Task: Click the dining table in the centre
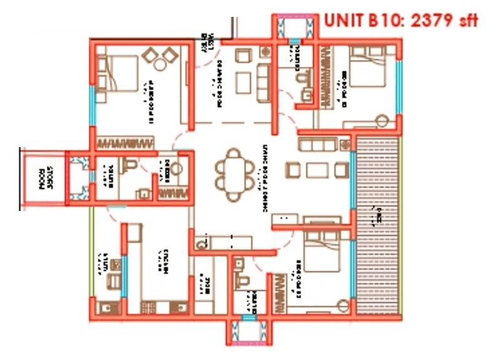click(x=234, y=173)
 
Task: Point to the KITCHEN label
click(x=166, y=263)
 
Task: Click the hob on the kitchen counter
click(x=148, y=307)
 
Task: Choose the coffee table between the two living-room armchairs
click(x=316, y=169)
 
